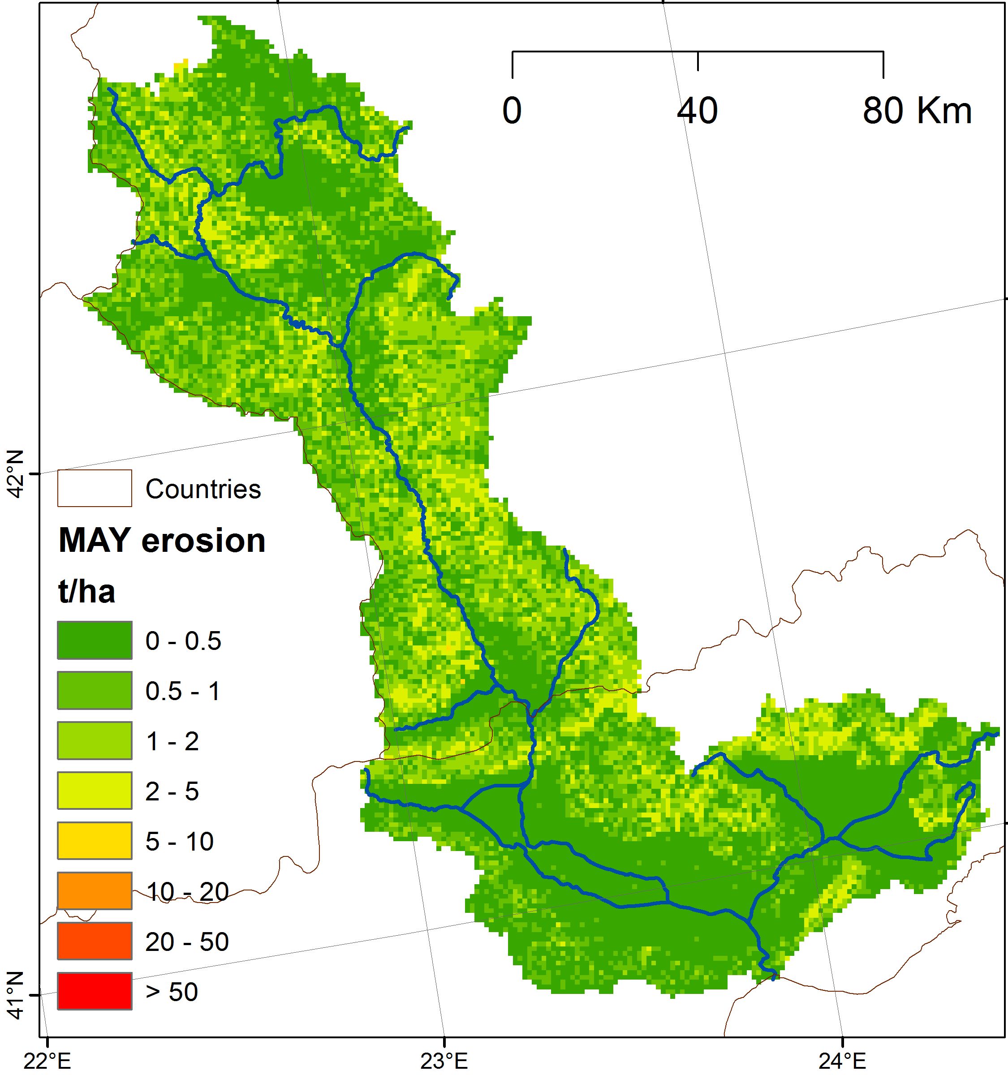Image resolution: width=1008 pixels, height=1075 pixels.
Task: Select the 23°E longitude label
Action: click(444, 1061)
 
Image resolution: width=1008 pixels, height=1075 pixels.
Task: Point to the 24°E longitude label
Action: click(842, 1061)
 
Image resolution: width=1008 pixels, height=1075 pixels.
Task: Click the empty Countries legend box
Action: click(95, 488)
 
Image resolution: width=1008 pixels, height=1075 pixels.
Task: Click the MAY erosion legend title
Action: click(162, 540)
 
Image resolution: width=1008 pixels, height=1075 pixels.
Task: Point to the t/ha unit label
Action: click(86, 592)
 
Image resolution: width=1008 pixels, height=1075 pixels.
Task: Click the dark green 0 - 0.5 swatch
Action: click(95, 640)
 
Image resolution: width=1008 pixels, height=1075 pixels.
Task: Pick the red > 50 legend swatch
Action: click(95, 991)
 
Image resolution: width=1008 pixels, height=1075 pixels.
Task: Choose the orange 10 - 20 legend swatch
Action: click(95, 890)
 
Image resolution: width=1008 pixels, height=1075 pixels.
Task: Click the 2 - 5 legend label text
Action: click(172, 791)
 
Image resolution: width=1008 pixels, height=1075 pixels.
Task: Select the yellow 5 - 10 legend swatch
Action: click(95, 840)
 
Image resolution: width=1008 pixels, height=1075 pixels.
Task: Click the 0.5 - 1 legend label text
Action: click(183, 691)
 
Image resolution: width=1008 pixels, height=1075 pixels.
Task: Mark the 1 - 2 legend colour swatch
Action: click(95, 740)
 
